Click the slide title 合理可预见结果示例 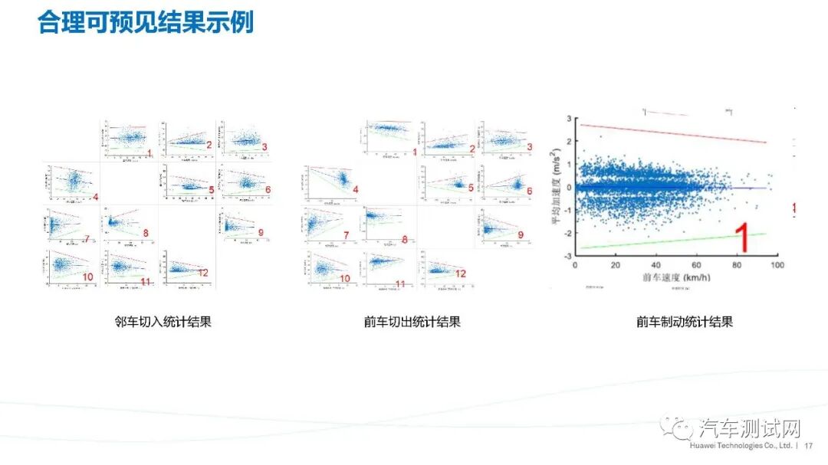click(146, 22)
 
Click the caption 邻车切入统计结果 click(163, 322)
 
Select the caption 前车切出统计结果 click(412, 322)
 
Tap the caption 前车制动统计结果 click(685, 322)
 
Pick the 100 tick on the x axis click(777, 265)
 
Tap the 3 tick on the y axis click(570, 119)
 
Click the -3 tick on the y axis click(568, 255)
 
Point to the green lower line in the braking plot click(675, 241)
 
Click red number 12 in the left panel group click(203, 273)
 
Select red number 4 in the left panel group click(95, 198)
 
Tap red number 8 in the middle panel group click(405, 240)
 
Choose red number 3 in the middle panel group click(529, 146)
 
